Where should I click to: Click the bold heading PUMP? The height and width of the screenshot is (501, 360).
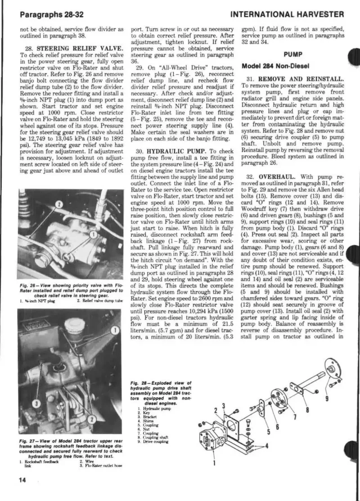tap(292, 54)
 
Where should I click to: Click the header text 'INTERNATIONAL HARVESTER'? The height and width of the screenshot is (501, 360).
tap(287, 14)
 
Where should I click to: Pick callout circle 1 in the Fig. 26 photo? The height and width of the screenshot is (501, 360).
tap(92, 234)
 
